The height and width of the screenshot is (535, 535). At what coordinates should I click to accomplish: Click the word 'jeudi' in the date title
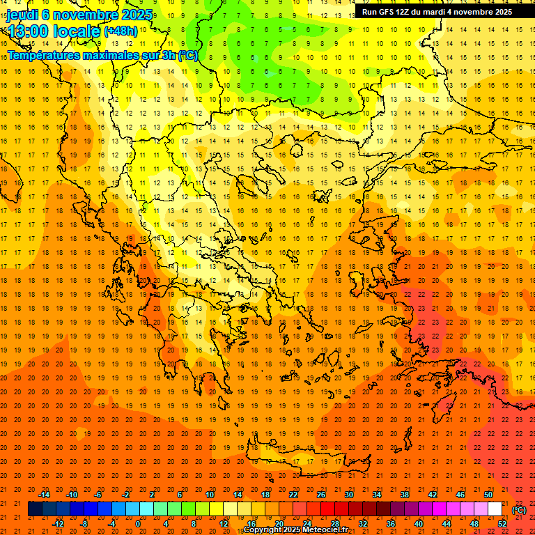pos(22,15)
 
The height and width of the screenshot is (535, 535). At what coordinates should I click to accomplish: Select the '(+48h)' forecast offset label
pos(121,31)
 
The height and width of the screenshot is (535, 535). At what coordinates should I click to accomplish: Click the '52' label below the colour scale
pos(502,524)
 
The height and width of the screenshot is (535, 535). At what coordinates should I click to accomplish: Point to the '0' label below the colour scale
pos(139,524)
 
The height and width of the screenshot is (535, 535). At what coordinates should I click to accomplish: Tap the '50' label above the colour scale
pos(488,495)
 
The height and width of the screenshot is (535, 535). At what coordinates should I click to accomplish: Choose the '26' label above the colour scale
pos(321,495)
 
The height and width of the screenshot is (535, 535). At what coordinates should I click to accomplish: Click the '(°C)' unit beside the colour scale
pos(519,510)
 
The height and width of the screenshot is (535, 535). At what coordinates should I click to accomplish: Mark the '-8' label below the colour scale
pos(84,524)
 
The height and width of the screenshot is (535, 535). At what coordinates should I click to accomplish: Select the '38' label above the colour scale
pos(405,495)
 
